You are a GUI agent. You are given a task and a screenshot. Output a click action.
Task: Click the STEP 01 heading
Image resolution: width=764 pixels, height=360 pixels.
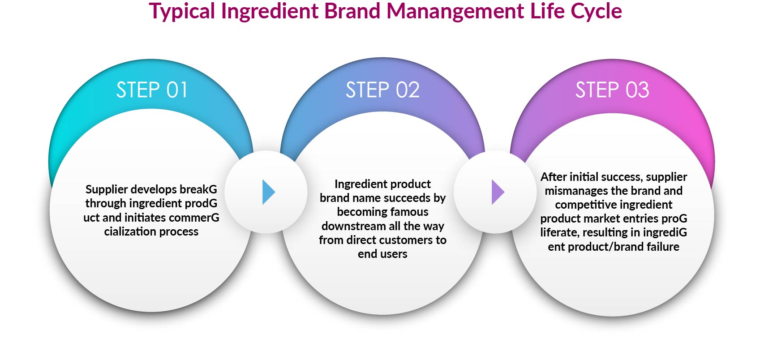pyautogui.click(x=152, y=90)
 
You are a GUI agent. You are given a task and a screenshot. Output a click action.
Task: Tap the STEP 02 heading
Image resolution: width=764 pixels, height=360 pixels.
pyautogui.click(x=382, y=90)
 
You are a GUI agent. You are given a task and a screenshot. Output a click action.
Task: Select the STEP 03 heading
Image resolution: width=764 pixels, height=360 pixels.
pyautogui.click(x=612, y=90)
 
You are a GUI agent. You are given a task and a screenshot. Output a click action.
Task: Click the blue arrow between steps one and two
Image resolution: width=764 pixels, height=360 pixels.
pyautogui.click(x=268, y=192)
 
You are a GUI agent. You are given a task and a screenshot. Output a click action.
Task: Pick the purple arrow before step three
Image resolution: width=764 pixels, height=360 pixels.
pyautogui.click(x=498, y=192)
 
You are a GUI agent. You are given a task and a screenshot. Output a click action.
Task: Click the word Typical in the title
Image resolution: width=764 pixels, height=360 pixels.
pyautogui.click(x=182, y=11)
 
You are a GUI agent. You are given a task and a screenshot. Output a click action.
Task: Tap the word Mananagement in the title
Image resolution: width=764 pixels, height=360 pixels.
pyautogui.click(x=455, y=11)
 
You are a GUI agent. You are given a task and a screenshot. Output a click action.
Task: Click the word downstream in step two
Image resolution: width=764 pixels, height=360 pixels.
pyautogui.click(x=350, y=226)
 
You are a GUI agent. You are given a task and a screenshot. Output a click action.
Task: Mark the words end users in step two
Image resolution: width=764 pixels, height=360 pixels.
pyautogui.click(x=382, y=254)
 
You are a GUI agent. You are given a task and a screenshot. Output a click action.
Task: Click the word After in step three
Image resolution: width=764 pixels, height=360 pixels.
pyautogui.click(x=554, y=177)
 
